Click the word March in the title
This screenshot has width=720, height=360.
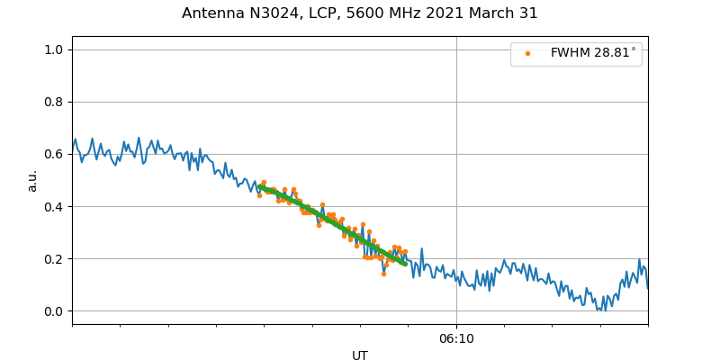click(490, 13)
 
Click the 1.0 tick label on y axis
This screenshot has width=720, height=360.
click(54, 49)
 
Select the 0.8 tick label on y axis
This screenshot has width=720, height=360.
click(54, 102)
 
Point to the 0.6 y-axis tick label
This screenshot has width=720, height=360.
click(54, 154)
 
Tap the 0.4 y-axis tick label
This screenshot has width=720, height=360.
click(54, 206)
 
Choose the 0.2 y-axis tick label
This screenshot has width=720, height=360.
click(54, 259)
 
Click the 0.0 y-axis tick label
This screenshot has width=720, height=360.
click(54, 311)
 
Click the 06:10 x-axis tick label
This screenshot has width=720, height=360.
click(456, 338)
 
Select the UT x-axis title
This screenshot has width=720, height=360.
click(360, 355)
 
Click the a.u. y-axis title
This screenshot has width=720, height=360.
click(32, 180)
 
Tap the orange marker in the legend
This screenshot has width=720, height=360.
click(527, 54)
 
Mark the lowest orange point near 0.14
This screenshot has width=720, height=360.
click(383, 274)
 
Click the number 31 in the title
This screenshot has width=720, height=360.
click(528, 13)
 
